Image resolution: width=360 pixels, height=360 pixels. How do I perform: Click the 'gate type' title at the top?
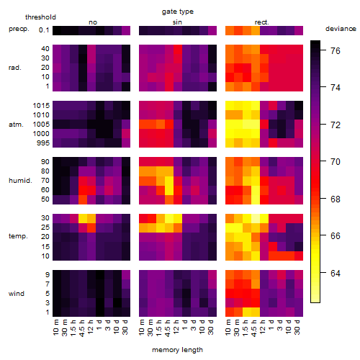coord(178,12)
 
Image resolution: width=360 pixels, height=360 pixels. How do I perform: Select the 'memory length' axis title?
coord(177,350)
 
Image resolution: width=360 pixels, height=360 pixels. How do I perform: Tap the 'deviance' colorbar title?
coord(341,29)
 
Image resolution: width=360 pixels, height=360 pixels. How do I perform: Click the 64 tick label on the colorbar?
coord(336,273)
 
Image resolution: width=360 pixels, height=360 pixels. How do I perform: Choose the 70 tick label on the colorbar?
coord(336,162)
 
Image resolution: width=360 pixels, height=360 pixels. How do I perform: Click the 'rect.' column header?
coord(262,22)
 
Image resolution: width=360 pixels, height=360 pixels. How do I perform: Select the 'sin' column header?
coord(177,22)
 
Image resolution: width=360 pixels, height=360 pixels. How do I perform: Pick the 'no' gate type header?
coord(93,22)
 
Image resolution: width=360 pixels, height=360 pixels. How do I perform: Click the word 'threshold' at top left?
coord(40,17)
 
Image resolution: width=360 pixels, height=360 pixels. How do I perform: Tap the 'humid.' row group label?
coord(20,181)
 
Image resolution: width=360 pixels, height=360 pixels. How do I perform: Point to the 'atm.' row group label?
coord(16,125)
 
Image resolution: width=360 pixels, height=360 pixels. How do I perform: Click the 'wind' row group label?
coord(17,294)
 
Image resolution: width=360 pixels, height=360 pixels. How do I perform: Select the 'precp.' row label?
coord(19,30)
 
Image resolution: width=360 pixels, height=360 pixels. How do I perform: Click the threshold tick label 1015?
coord(41,106)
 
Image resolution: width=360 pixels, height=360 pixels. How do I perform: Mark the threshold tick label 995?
coord(43,143)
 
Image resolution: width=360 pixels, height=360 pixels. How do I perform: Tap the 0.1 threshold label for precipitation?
coord(44,30)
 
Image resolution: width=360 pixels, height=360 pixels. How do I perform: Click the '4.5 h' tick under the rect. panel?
coord(253,328)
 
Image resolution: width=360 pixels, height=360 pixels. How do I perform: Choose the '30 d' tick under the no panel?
coord(125,327)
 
